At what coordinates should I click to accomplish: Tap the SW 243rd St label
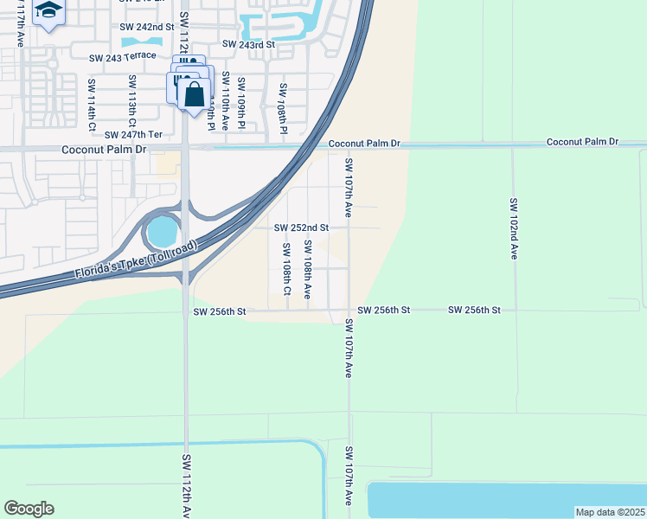coord(247,44)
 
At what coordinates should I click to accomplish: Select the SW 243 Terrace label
coord(123,56)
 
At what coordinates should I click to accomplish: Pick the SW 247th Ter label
coord(133,135)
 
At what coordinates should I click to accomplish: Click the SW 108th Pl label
coord(282,108)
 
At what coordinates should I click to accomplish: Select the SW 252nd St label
coord(301,228)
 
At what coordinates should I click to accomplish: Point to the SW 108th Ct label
coord(286,268)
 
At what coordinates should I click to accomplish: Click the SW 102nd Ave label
coord(513,229)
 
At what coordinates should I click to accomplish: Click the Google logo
coord(29,509)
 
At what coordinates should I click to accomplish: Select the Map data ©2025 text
coord(609,512)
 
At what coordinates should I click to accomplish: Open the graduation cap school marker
coord(48,12)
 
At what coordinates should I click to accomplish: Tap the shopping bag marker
coord(194,93)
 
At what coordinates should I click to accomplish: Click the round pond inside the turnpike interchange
coord(162,232)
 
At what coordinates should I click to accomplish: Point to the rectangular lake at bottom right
coord(507,500)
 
